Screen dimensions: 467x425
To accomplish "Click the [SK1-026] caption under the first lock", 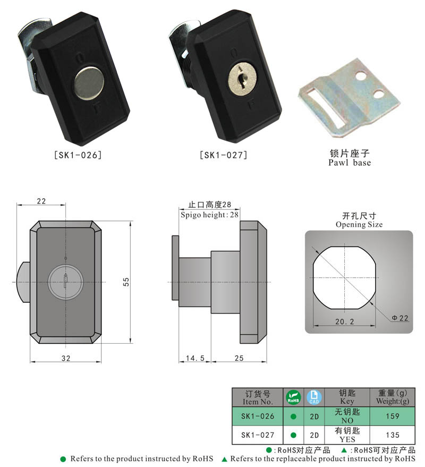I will point(78,155).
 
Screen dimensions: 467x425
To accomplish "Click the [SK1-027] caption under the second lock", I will point(223,155).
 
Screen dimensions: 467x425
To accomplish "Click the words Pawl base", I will point(349,163).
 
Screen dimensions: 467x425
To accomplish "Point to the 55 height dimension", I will point(126,282).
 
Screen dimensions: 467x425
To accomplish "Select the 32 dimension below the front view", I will point(66,358).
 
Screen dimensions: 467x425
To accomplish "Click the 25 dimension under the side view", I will point(239,358).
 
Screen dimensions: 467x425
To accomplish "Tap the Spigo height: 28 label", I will point(209,215).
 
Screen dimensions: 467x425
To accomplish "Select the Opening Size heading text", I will point(359,225).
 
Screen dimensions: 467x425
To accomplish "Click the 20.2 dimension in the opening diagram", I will point(344,321).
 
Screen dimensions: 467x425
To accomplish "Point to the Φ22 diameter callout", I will point(399,318).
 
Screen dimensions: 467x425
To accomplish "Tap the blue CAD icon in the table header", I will point(314,397).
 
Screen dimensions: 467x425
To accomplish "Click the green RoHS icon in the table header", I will point(293,397).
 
